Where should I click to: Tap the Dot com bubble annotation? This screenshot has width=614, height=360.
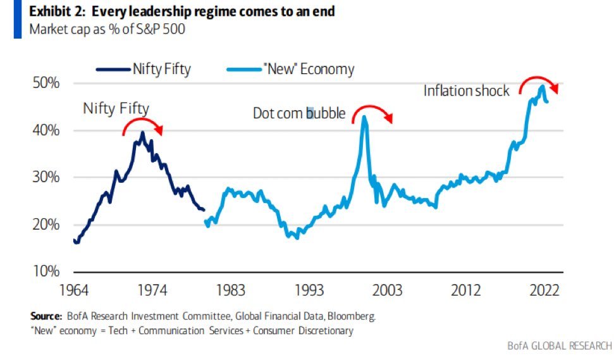(299, 114)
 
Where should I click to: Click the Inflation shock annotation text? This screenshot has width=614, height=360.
(466, 91)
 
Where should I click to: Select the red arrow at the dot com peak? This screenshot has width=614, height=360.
(372, 111)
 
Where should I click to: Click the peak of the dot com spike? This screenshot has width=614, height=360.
(364, 117)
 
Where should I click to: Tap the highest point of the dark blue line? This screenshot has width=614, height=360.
(143, 133)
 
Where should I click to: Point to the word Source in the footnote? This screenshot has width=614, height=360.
(46, 316)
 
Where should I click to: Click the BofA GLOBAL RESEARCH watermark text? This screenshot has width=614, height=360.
(560, 346)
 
